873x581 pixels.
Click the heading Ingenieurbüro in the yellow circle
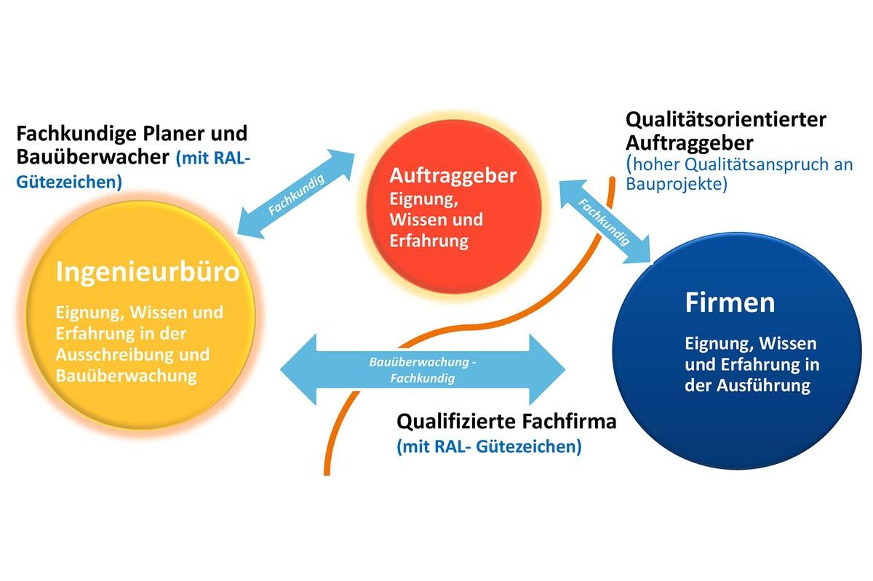click(x=148, y=273)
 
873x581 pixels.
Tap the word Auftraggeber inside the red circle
click(x=453, y=176)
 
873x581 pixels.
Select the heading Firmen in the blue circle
click(x=730, y=302)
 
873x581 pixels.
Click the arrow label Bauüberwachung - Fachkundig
click(x=423, y=370)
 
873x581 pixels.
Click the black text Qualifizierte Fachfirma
click(x=506, y=422)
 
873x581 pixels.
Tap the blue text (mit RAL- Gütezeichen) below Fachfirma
click(x=489, y=446)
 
